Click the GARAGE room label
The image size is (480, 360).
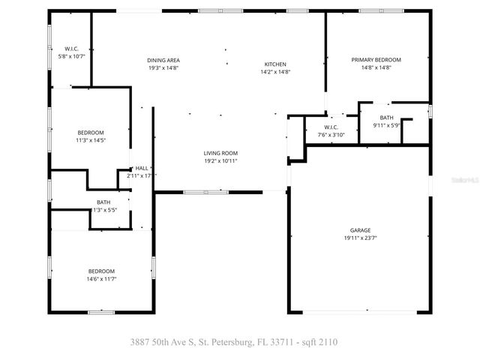[x=360, y=230]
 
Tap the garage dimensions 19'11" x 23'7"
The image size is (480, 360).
[x=360, y=238]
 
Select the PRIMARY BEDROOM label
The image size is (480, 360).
[x=376, y=60]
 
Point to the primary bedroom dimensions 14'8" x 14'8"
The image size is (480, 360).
[x=376, y=68]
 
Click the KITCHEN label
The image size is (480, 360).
[x=275, y=64]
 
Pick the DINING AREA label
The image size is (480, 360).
[x=163, y=60]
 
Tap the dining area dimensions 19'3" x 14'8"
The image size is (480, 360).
[x=163, y=68]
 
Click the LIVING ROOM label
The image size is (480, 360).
[x=220, y=153]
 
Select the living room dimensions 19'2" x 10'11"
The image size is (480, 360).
[x=220, y=161]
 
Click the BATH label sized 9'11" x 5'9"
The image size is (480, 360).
[x=386, y=118]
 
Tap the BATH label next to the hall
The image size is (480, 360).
[x=103, y=202]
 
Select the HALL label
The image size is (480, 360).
[x=141, y=168]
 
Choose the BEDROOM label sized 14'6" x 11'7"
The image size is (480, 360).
[x=101, y=271]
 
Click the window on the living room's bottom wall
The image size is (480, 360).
[x=206, y=192]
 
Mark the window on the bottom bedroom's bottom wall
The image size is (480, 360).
[x=100, y=312]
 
